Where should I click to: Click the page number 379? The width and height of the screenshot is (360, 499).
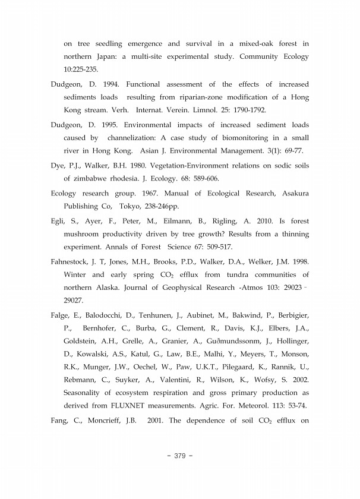point(179,456)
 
